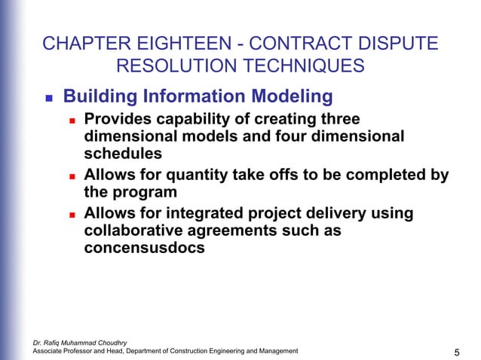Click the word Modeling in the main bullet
tap(293, 96)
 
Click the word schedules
tap(123, 153)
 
